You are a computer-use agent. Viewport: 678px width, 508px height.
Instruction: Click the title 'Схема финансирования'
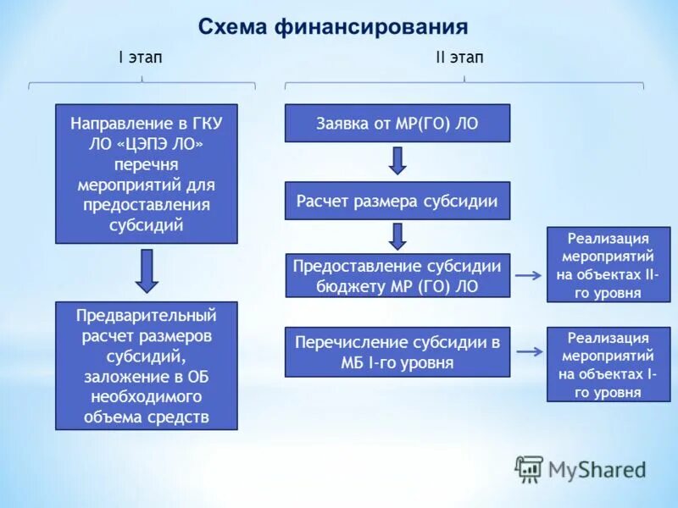click(333, 27)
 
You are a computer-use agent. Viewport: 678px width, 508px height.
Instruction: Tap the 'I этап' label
click(140, 58)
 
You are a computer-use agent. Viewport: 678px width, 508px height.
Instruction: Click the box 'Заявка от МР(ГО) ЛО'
click(397, 123)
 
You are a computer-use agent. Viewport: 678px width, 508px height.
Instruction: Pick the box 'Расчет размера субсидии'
click(397, 201)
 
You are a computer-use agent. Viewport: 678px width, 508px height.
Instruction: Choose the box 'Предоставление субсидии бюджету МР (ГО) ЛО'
click(397, 275)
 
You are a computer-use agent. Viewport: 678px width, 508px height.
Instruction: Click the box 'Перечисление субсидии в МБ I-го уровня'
click(397, 352)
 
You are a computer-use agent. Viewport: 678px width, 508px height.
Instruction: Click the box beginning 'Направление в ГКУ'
click(147, 174)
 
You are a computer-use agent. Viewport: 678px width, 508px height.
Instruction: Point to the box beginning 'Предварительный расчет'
click(147, 366)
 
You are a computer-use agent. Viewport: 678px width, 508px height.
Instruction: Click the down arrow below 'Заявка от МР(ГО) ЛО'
click(397, 160)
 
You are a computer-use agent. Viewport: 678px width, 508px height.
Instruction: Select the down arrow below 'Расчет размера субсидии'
click(397, 235)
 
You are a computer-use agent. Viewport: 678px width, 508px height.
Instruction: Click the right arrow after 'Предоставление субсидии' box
click(529, 275)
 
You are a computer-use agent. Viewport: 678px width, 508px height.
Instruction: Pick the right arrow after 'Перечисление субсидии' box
click(529, 351)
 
